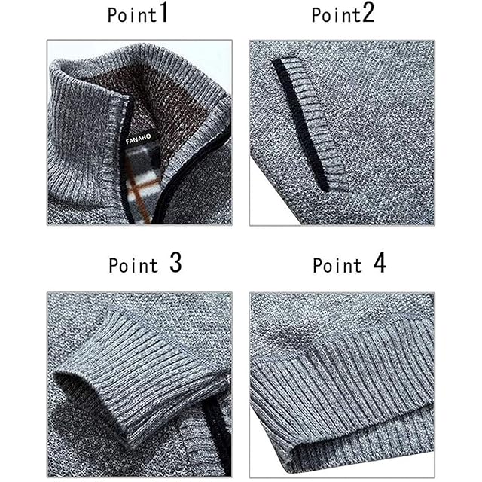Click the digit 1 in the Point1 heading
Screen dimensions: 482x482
(164, 12)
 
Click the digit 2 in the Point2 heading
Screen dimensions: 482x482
(368, 12)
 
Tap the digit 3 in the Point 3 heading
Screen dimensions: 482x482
(175, 263)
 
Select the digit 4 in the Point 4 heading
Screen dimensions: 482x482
(380, 263)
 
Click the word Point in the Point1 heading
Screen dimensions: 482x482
(133, 15)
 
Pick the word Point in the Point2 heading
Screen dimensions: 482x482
(336, 15)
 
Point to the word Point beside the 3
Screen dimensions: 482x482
(133, 265)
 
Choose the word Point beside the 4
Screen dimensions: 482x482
(337, 265)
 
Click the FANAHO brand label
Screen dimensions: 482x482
(139, 139)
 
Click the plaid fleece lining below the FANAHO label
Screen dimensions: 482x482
(143, 185)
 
